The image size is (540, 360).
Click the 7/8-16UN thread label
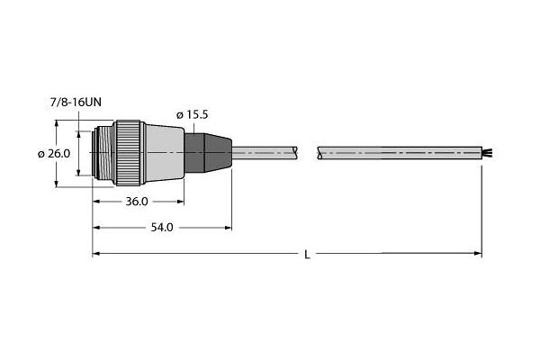pos(76,103)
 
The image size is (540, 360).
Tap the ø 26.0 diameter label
pos(54,154)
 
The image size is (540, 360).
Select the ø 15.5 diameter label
pos(193,114)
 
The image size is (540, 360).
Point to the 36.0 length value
pos(137,202)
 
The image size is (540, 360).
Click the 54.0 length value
pos(162,228)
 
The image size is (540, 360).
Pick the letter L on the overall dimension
pos(307,255)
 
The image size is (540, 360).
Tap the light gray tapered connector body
pos(165,153)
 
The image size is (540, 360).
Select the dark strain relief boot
pos(208,153)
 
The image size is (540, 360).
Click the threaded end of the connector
pos(103,153)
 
